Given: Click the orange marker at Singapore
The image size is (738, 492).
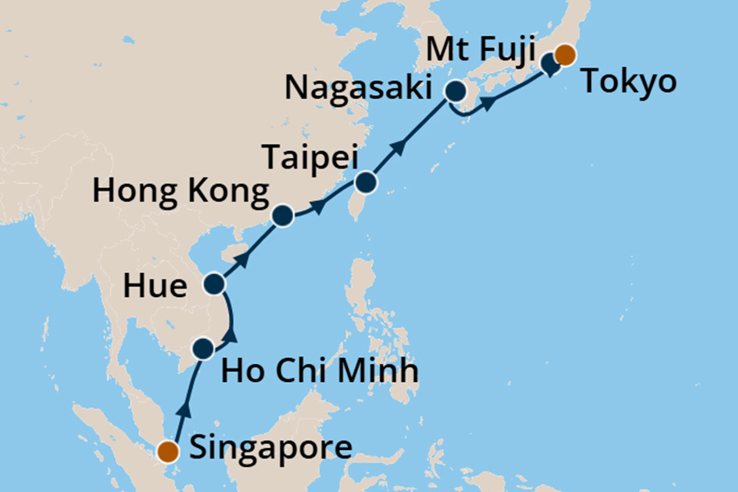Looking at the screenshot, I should pos(169,451).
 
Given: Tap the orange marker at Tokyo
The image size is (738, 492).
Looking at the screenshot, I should pos(564,56).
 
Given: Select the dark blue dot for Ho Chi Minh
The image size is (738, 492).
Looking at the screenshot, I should pos(203,349).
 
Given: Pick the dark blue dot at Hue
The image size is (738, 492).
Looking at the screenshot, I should pos(213,283).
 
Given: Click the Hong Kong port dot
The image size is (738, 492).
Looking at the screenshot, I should pos(282,216).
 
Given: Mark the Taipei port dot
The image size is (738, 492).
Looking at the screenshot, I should pos(366,183).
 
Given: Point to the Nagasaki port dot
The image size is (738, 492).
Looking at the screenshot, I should pos(454,91).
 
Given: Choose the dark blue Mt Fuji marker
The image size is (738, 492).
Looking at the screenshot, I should pos(550,64).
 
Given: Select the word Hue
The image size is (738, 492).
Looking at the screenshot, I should pos(155,287).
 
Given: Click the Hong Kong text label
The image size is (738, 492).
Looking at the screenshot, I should pos(180,191).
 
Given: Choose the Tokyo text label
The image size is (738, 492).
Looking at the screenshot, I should pos(629,83).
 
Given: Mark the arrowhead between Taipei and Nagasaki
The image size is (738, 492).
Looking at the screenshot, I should pos(399,149).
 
